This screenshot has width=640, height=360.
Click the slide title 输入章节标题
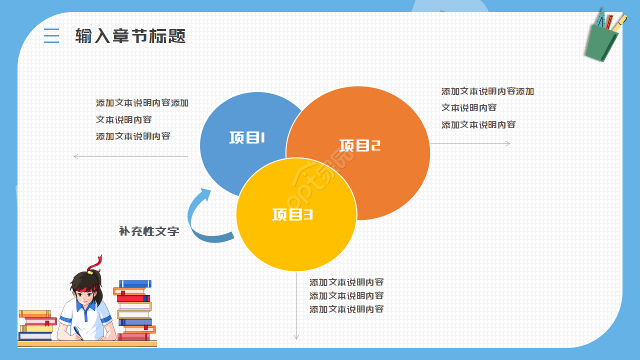(130, 36)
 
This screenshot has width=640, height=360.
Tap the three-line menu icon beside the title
(51, 36)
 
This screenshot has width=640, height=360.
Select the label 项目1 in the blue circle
(247, 137)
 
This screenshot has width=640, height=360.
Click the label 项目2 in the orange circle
(360, 145)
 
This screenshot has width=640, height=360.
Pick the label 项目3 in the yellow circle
(292, 214)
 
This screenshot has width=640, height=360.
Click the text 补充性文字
(149, 231)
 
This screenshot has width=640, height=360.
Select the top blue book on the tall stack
(134, 283)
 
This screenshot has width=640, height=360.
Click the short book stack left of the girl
(36, 325)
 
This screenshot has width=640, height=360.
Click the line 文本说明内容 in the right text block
(468, 108)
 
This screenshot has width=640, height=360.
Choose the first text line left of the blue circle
(142, 103)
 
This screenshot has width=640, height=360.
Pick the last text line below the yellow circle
(346, 309)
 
